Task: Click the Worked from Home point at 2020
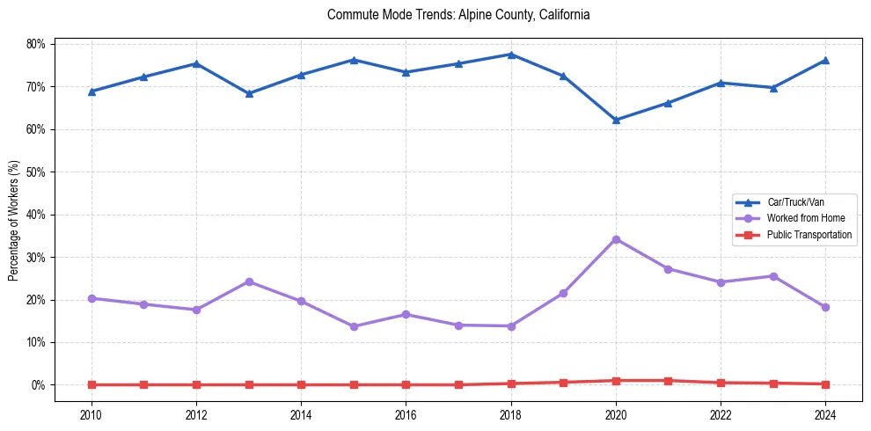point(616,239)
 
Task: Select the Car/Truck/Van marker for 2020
point(616,120)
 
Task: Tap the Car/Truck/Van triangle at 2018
point(511,55)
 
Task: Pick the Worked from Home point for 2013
point(249,281)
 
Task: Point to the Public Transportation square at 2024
point(825,384)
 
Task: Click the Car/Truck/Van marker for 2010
point(91,91)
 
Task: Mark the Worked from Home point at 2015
point(354,326)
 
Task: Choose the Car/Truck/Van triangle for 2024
point(825,60)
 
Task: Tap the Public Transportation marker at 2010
point(91,384)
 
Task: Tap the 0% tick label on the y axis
point(40,385)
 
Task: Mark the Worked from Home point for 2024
point(825,307)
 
